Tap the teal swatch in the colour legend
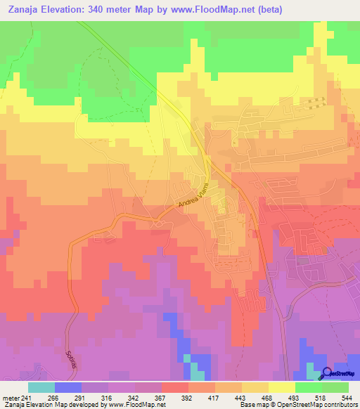pos(41,387)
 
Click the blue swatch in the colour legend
pos(67,387)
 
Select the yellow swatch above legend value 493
pos(281,387)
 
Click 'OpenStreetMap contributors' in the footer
pos(321,405)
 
